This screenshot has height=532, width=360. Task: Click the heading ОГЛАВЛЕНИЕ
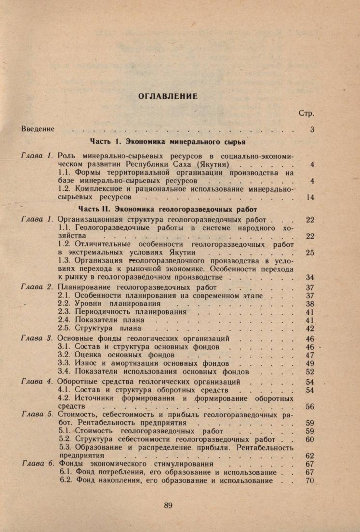tap(168, 96)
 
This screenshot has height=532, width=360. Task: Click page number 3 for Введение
tap(312, 130)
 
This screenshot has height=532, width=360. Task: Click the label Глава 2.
tap(37, 288)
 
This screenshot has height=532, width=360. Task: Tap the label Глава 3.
tap(37, 338)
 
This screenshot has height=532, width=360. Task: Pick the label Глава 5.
tap(37, 415)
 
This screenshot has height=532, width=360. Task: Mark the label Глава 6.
tap(37, 464)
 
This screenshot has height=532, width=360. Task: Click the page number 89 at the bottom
tap(168, 505)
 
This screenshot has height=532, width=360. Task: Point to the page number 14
tap(310, 198)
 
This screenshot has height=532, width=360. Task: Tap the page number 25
tap(310, 253)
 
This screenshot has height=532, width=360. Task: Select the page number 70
tap(310, 481)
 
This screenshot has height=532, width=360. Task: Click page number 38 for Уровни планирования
tap(310, 304)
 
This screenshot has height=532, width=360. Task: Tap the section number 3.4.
tap(64, 372)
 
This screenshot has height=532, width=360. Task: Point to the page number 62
tap(310, 455)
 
